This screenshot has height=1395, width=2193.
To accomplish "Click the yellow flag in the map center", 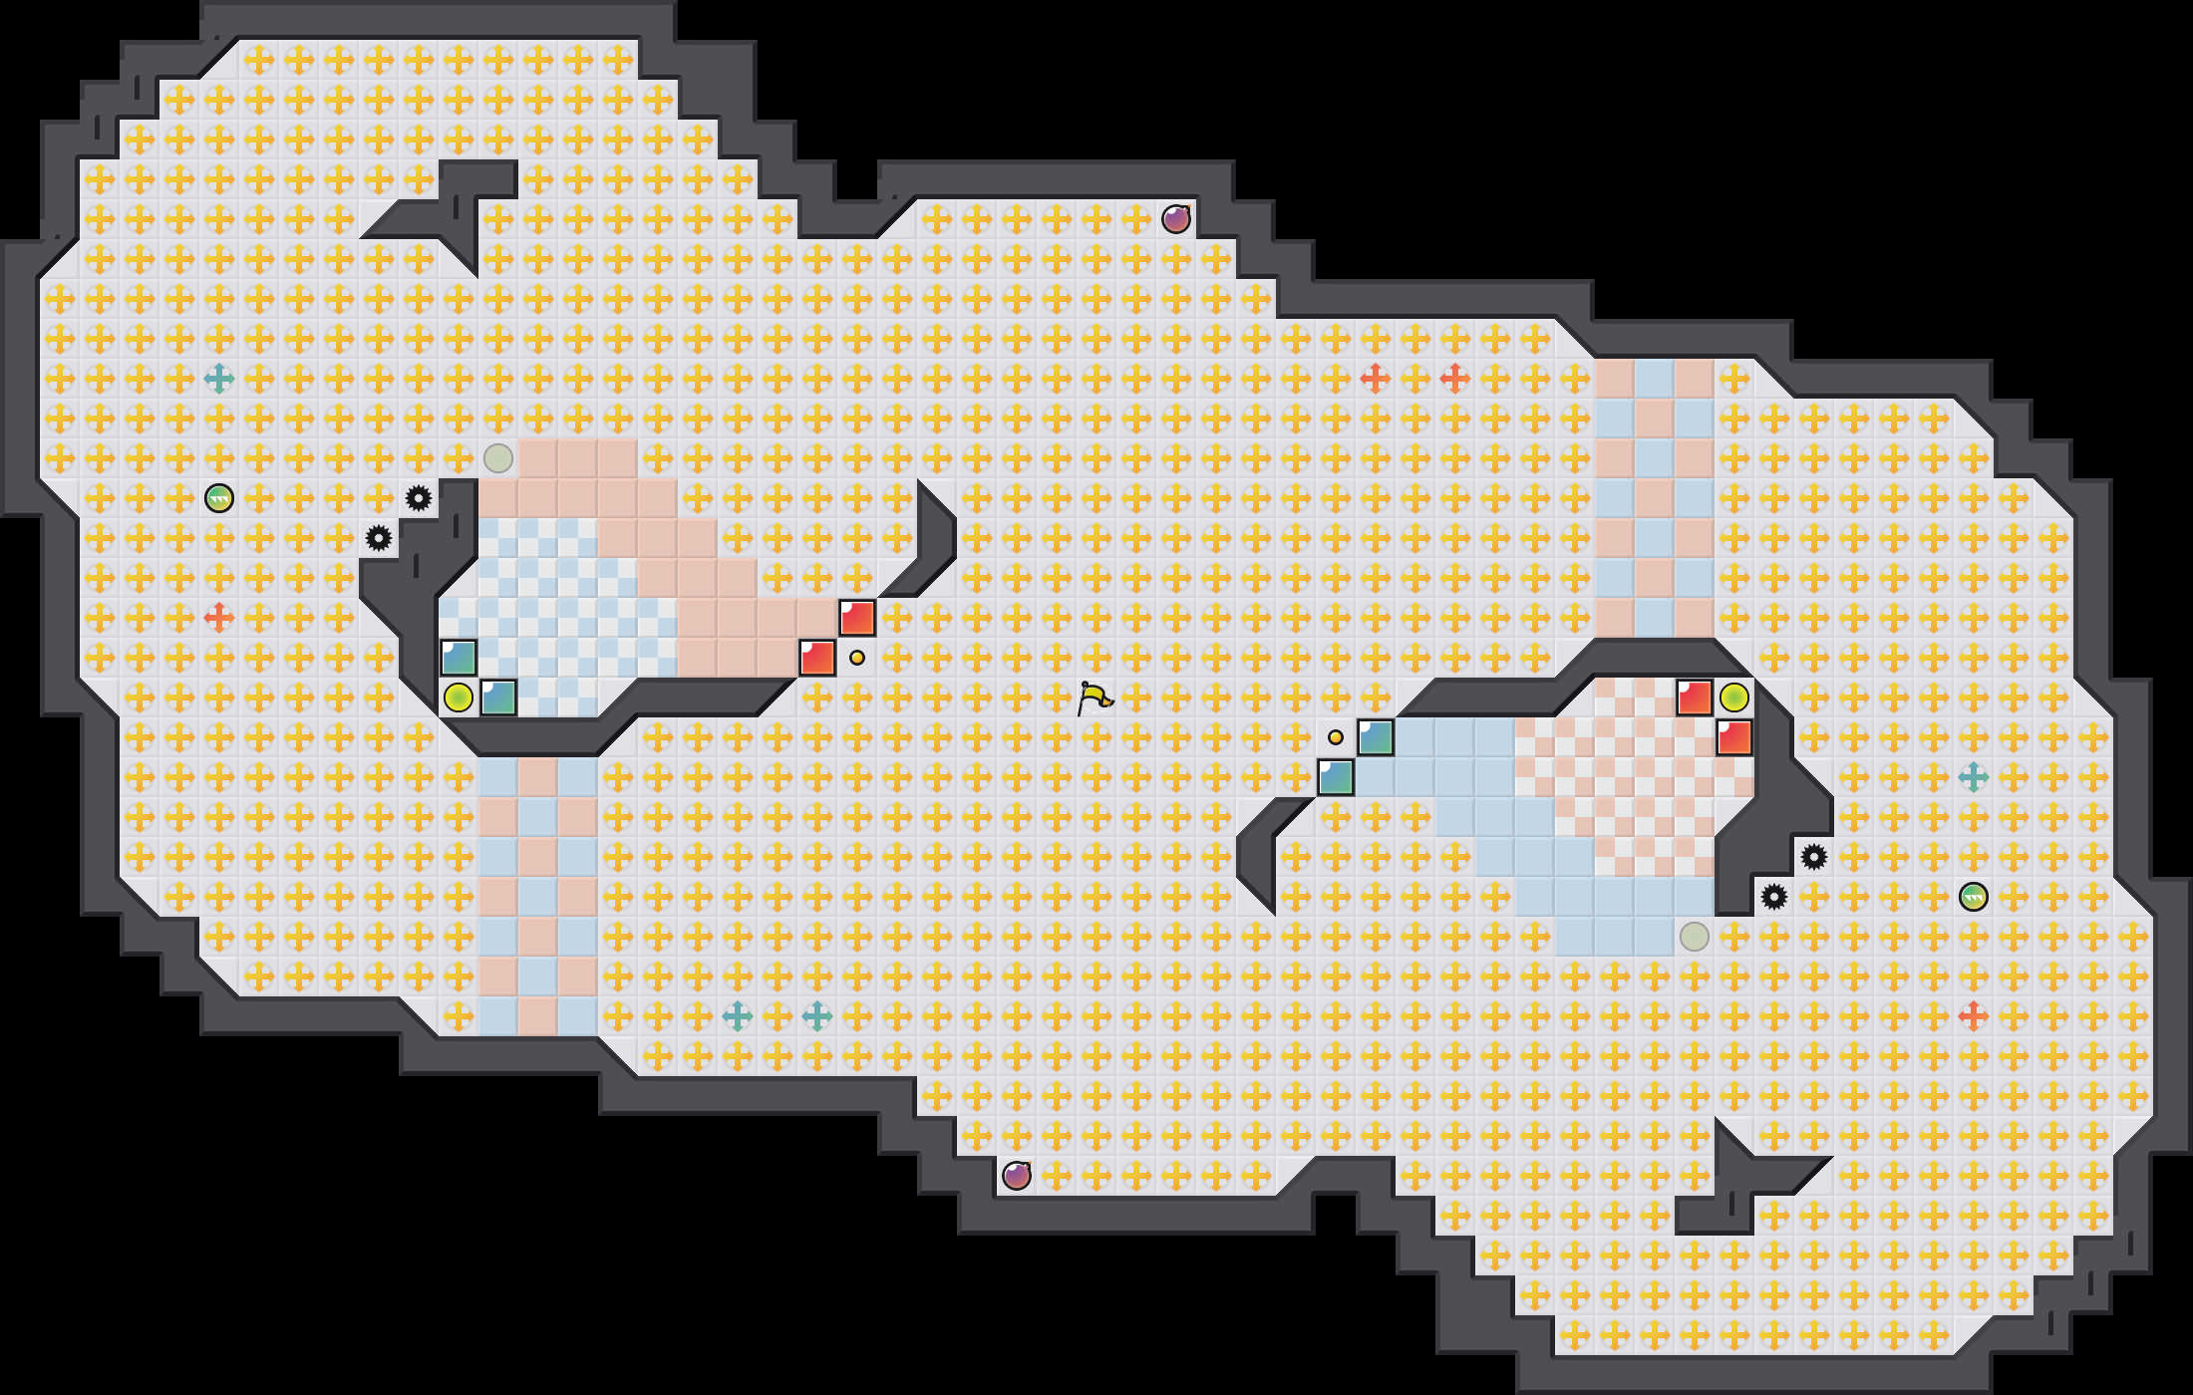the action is click(1094, 697).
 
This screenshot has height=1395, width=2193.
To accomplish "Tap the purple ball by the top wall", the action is click(1176, 219).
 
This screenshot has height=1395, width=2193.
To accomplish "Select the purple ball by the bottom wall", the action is click(1017, 1176).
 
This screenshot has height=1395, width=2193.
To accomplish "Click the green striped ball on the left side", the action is click(219, 498).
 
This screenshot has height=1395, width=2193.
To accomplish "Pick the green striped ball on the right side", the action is click(1974, 897).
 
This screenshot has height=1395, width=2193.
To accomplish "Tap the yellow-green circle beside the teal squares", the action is click(459, 697).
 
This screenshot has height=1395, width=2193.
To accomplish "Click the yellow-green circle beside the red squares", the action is click(1734, 697).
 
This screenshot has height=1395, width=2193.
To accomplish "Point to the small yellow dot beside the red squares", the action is click(857, 658).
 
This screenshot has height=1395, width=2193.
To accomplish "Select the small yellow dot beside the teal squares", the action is click(1336, 737).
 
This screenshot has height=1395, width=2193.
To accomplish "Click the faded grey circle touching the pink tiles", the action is click(498, 458).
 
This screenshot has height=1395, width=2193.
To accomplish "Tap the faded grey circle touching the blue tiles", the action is click(1695, 937).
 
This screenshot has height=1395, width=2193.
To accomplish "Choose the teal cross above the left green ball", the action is click(219, 379).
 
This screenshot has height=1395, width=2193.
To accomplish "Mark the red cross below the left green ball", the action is click(219, 618).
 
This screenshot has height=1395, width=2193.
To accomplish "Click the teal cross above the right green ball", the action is click(1974, 777).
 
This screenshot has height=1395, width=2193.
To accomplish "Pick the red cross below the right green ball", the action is click(1974, 1016).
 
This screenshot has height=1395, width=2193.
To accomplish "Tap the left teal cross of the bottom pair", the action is click(738, 1016).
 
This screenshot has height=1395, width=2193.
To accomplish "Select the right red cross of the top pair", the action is click(1455, 379).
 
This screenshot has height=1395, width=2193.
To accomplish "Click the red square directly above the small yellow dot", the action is click(857, 618).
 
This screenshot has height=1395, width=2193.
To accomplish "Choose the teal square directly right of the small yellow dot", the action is click(1376, 737).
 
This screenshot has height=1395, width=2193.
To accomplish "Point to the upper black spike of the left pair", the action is click(419, 498).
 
